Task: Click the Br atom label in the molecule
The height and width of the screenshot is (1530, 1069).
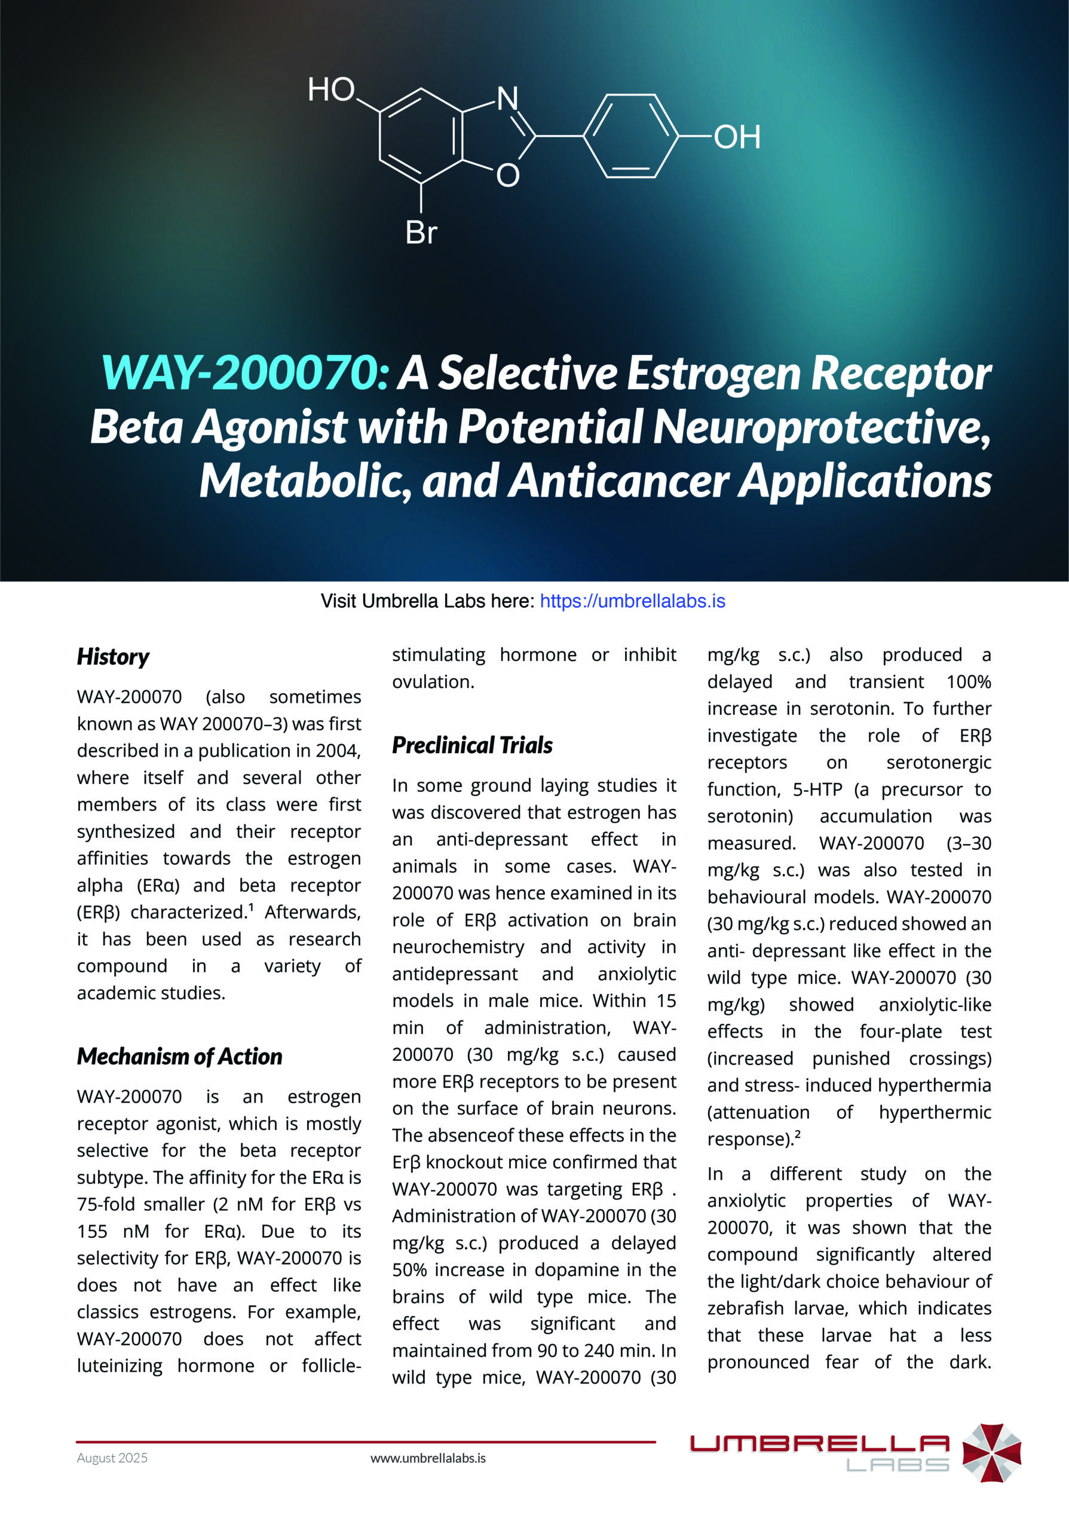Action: tap(421, 232)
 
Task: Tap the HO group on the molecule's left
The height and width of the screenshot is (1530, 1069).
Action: tap(331, 89)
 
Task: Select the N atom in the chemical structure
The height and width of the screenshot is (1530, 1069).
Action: tap(507, 99)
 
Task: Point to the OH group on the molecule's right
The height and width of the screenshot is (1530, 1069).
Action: tap(737, 137)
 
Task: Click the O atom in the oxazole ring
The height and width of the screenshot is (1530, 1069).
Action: tap(507, 175)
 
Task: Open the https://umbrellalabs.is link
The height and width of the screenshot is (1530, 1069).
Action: tap(632, 601)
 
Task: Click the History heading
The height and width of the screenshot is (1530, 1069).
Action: tap(112, 656)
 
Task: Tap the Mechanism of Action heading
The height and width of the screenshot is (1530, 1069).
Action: tap(179, 1056)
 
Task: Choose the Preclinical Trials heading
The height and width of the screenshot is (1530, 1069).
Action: tap(471, 745)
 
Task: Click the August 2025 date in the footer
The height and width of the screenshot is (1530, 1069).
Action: tap(112, 1458)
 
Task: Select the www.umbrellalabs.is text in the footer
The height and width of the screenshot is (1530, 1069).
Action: tap(428, 1458)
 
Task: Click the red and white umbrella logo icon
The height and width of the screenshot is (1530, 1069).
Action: tap(992, 1453)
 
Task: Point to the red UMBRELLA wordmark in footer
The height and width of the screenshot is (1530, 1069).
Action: tap(819, 1443)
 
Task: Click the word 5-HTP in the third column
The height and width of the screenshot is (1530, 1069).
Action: tap(817, 790)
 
